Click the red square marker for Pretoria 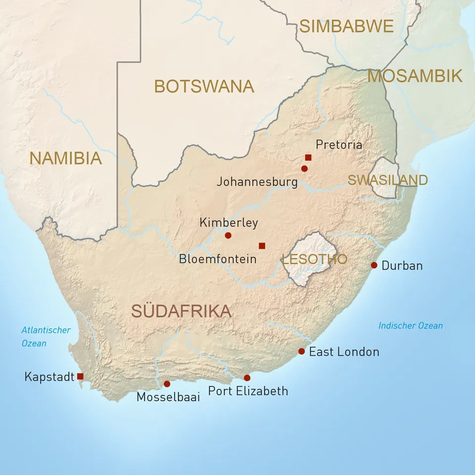click(308, 157)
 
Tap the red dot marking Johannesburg click(304, 169)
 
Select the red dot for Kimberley click(228, 236)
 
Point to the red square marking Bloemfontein click(262, 246)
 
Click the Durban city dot click(374, 265)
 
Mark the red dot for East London click(301, 351)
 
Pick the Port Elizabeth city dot click(247, 378)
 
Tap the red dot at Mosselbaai click(167, 384)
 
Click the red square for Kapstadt click(80, 377)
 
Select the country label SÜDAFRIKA click(181, 311)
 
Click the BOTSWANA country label click(204, 86)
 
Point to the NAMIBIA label click(65, 158)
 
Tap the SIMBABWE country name click(346, 26)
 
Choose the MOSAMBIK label click(415, 76)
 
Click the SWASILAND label click(387, 180)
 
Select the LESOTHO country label click(314, 259)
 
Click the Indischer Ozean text click(411, 326)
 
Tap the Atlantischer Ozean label click(46, 336)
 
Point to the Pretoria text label click(339, 144)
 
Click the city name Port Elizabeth click(248, 391)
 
